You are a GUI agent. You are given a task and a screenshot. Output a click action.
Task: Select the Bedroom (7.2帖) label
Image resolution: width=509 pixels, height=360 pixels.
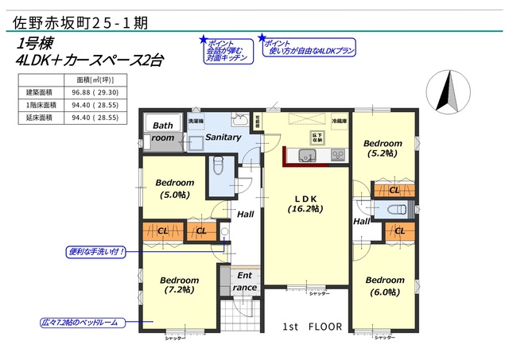point(178,285)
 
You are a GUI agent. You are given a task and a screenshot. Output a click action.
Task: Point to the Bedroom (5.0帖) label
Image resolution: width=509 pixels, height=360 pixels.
point(174,188)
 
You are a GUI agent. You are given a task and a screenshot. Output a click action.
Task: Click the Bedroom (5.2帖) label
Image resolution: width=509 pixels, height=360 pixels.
point(383,149)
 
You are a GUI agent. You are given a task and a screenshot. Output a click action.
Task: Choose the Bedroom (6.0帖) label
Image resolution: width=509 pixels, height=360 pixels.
point(384,285)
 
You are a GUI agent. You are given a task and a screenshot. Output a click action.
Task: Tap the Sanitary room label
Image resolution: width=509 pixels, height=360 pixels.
point(223,137)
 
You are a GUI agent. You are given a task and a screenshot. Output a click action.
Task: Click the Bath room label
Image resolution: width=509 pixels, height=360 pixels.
point(163,131)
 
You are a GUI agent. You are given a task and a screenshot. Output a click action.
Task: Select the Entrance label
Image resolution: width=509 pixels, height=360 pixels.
point(245,281)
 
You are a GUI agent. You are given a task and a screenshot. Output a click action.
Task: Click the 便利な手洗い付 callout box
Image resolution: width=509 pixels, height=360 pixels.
point(95,252)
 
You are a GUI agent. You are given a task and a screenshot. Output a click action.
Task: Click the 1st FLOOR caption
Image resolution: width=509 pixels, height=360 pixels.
point(313,327)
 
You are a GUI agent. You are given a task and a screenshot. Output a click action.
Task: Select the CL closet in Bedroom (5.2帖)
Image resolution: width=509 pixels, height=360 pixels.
point(394,190)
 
